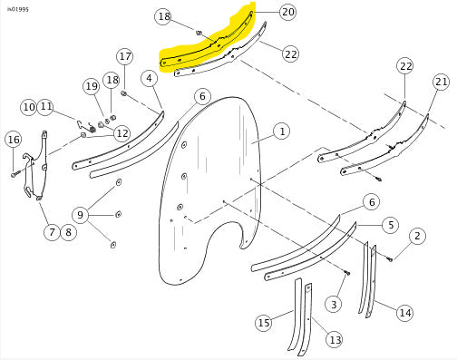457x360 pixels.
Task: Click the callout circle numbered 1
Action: (x=282, y=131)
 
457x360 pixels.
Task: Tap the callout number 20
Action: (x=287, y=12)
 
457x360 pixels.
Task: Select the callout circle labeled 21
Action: (x=442, y=82)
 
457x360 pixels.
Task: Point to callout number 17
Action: (x=125, y=56)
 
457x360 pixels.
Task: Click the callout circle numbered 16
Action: (x=14, y=140)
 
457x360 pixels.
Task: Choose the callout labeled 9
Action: (x=81, y=215)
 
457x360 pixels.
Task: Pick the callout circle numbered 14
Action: (x=405, y=313)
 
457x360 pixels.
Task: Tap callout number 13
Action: (x=335, y=340)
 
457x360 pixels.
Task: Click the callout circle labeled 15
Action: (x=264, y=323)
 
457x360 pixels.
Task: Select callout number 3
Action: (x=334, y=304)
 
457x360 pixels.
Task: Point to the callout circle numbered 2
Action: (x=417, y=236)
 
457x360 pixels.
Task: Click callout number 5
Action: (x=391, y=225)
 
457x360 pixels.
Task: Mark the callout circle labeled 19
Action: (x=92, y=86)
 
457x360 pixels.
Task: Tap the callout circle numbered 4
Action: (x=150, y=79)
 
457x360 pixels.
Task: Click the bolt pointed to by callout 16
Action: (x=15, y=174)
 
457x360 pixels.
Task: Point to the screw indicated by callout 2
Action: (x=390, y=258)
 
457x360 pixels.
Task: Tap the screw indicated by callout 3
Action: (x=346, y=273)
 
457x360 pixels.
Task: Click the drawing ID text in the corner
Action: (x=18, y=9)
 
